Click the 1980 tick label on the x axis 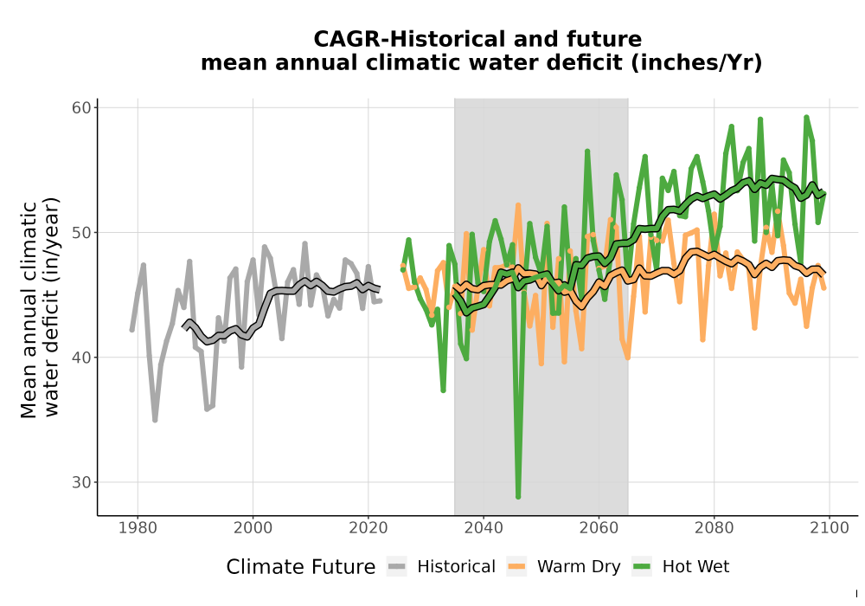pyautogui.click(x=138, y=528)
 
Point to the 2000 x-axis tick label pyautogui.click(x=253, y=528)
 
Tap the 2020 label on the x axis pyautogui.click(x=368, y=528)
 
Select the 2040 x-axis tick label pyautogui.click(x=484, y=528)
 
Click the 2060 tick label pyautogui.click(x=599, y=528)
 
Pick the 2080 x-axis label pyautogui.click(x=714, y=528)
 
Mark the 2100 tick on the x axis pyautogui.click(x=830, y=528)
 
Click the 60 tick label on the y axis pyautogui.click(x=81, y=107)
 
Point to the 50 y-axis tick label pyautogui.click(x=81, y=232)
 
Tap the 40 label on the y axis pyautogui.click(x=81, y=357)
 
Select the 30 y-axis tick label pyautogui.click(x=81, y=482)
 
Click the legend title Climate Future pyautogui.click(x=301, y=567)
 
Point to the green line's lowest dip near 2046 pyautogui.click(x=518, y=497)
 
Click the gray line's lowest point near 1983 pyautogui.click(x=155, y=420)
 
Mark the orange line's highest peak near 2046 pyautogui.click(x=518, y=205)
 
